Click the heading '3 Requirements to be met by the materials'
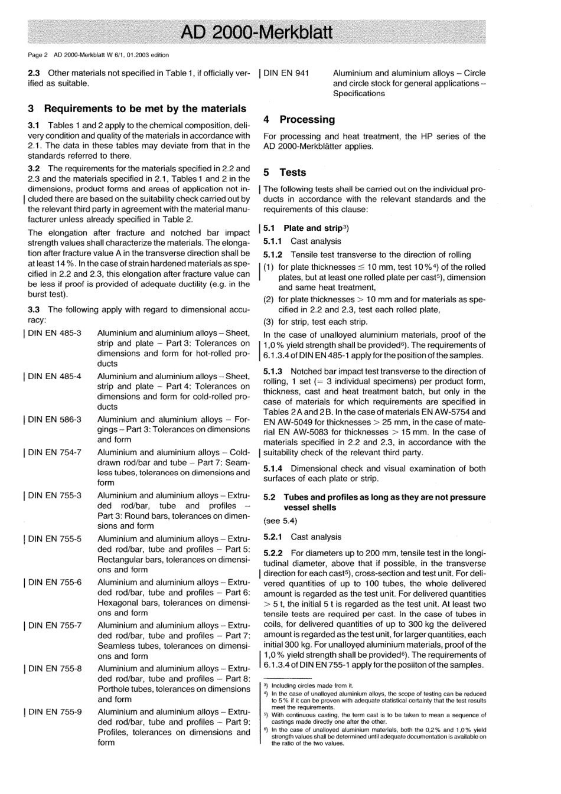(x=137, y=109)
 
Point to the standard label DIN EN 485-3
(x=55, y=333)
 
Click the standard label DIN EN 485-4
(x=55, y=376)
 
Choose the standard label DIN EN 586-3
(x=55, y=419)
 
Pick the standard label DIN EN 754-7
(x=55, y=452)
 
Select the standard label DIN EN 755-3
(x=55, y=495)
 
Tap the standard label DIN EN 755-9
(x=55, y=711)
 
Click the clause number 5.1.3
(x=273, y=371)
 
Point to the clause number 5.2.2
(x=273, y=553)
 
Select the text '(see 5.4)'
(x=280, y=521)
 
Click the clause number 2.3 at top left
(x=34, y=73)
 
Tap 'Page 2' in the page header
(x=38, y=55)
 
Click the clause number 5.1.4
(x=273, y=468)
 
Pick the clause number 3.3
(x=34, y=309)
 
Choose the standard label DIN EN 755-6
(x=55, y=582)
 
